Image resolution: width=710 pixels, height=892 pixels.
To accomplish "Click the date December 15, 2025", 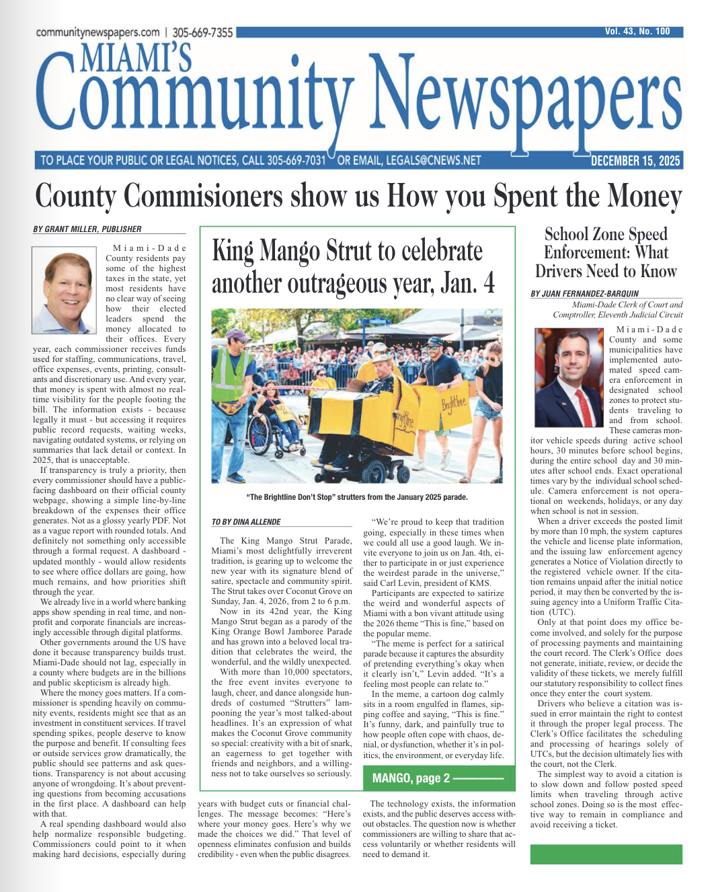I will click(x=635, y=161).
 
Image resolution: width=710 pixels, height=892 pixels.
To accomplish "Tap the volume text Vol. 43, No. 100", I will click(x=637, y=32).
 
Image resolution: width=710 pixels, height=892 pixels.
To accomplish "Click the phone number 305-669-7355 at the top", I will click(x=202, y=32).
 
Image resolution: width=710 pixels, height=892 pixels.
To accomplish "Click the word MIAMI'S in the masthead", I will click(x=136, y=57).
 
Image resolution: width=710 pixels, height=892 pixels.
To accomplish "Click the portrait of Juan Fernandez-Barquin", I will click(x=568, y=377).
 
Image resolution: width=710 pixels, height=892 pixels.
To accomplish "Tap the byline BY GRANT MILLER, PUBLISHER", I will click(x=87, y=229).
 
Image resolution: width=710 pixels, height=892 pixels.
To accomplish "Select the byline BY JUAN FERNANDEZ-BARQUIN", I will click(x=584, y=294).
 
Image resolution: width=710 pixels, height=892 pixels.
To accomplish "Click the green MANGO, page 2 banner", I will click(x=438, y=778).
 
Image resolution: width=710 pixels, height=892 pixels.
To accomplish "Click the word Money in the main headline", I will click(x=645, y=197).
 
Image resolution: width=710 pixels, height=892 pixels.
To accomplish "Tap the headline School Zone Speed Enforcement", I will click(x=606, y=253).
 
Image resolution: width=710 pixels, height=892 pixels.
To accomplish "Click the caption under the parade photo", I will click(x=357, y=497).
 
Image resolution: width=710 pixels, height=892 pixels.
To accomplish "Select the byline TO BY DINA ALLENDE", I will click(x=246, y=522).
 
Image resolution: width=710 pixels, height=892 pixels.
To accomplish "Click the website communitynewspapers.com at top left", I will click(x=97, y=32).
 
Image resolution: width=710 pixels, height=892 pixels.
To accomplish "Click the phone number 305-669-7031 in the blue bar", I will click(x=296, y=161).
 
